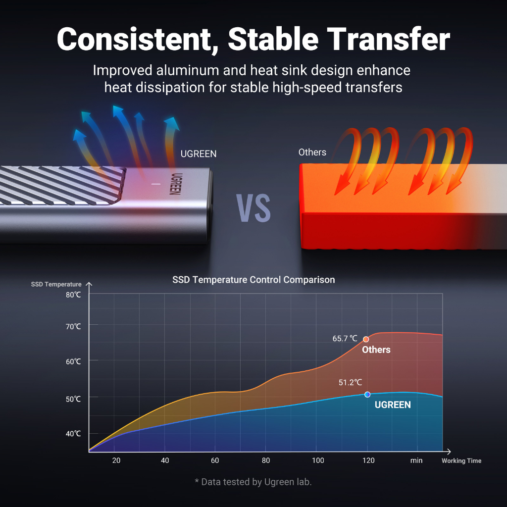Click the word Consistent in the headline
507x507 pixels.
point(133,40)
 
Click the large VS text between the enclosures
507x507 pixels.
point(253,208)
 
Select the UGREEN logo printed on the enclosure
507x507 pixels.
point(175,184)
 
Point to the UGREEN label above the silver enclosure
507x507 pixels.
point(199,154)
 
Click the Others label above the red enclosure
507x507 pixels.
point(312,152)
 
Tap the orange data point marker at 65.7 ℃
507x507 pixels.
point(366,339)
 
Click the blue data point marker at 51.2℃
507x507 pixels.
point(367,395)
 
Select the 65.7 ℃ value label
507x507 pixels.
point(345,339)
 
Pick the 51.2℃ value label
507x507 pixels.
point(350,383)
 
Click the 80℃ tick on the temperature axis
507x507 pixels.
point(73,295)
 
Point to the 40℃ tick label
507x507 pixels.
point(73,434)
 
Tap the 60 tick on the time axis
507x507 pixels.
point(215,460)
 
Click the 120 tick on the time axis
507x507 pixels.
point(368,460)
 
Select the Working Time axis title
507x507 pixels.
point(461,461)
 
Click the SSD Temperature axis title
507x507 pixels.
point(56,285)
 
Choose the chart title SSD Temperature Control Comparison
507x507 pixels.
point(253,280)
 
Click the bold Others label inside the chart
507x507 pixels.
point(376,350)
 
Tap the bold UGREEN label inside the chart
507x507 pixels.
point(393,405)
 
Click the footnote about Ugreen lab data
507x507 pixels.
point(253,482)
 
